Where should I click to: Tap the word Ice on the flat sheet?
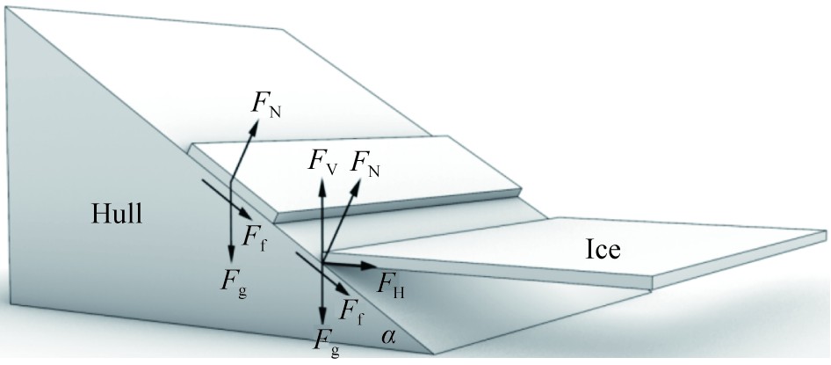coord(603,251)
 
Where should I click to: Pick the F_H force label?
coord(391,282)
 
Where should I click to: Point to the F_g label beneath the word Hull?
coord(233,282)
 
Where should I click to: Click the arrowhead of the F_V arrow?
coord(322,179)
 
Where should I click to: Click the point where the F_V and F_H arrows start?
coord(322,262)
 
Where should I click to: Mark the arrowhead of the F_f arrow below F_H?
coord(345,287)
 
